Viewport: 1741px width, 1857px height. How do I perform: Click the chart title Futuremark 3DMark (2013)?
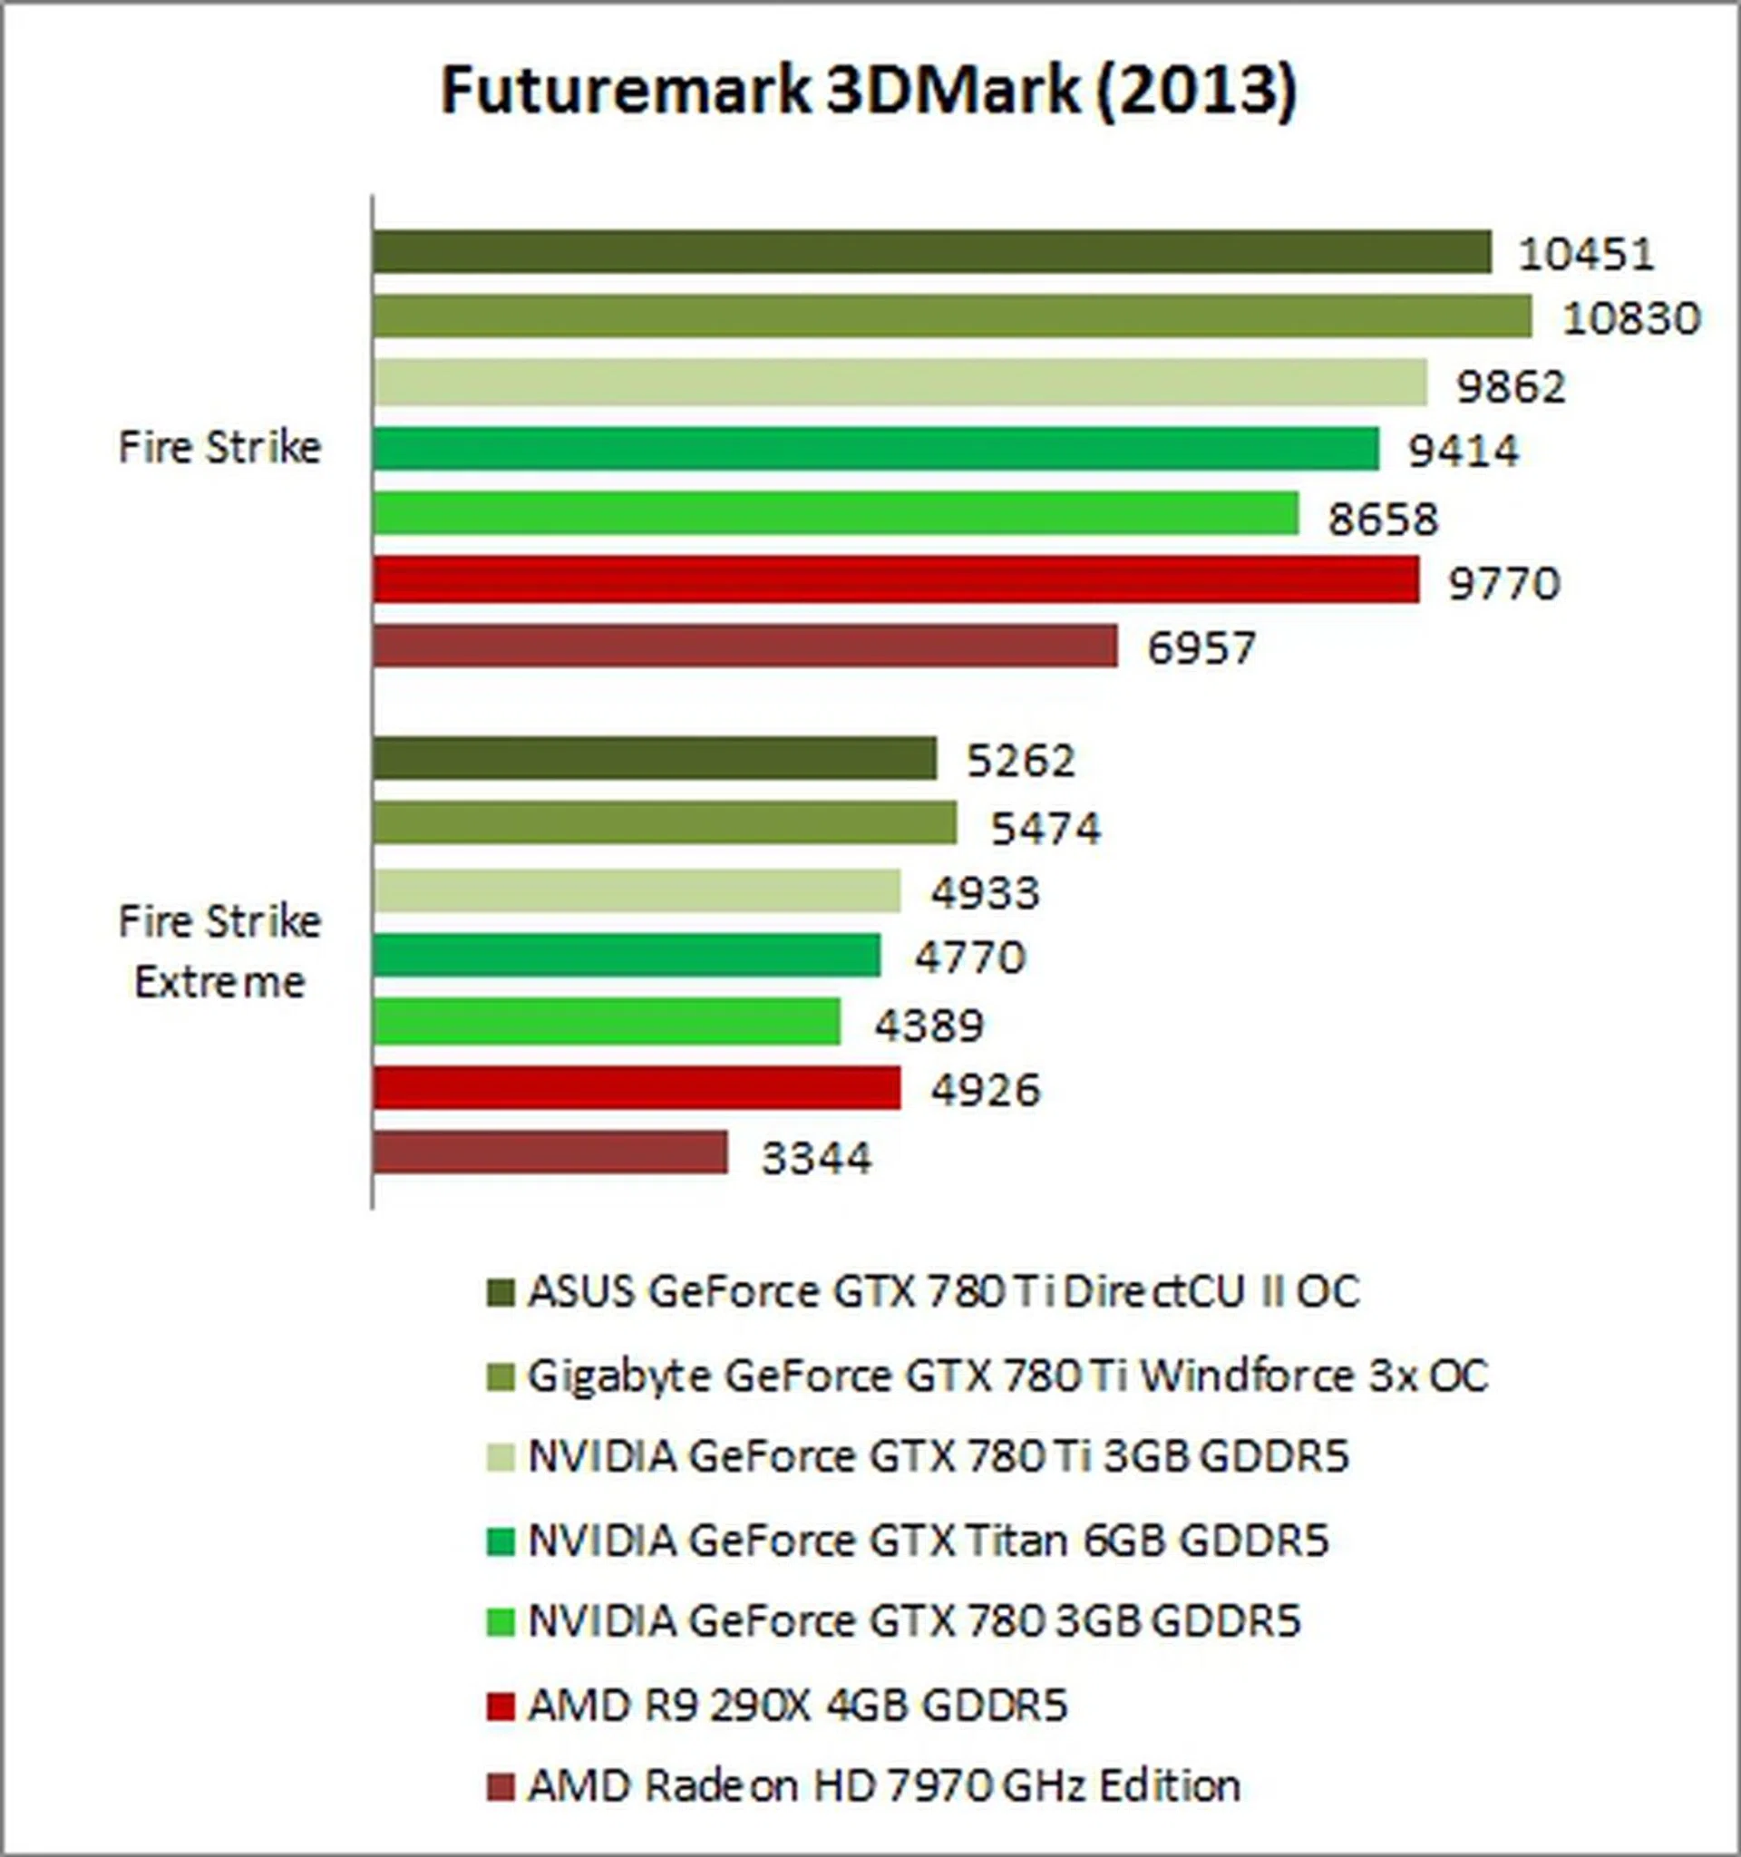869,91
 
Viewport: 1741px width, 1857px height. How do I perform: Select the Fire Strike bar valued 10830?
952,316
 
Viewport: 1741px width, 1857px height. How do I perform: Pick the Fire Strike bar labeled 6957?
744,647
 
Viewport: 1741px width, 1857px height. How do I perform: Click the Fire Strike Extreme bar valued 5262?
654,757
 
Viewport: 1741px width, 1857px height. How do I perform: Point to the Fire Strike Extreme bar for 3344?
550,1152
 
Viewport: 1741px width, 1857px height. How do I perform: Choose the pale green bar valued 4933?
636,890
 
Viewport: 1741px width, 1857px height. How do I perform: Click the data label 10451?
1586,254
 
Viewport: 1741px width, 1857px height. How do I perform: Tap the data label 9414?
1464,452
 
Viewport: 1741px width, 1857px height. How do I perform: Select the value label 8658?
1383,519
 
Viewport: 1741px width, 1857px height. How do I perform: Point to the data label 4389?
929,1025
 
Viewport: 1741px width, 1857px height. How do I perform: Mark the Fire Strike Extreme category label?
219,951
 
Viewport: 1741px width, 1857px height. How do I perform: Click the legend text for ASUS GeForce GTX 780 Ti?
942,1292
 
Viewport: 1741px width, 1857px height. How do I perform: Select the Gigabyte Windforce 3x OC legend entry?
1007,1376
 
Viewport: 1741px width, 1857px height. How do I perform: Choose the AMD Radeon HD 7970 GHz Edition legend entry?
883,1786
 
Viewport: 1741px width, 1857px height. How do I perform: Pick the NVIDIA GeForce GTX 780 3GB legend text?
913,1621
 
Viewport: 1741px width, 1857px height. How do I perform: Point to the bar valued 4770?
626,955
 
